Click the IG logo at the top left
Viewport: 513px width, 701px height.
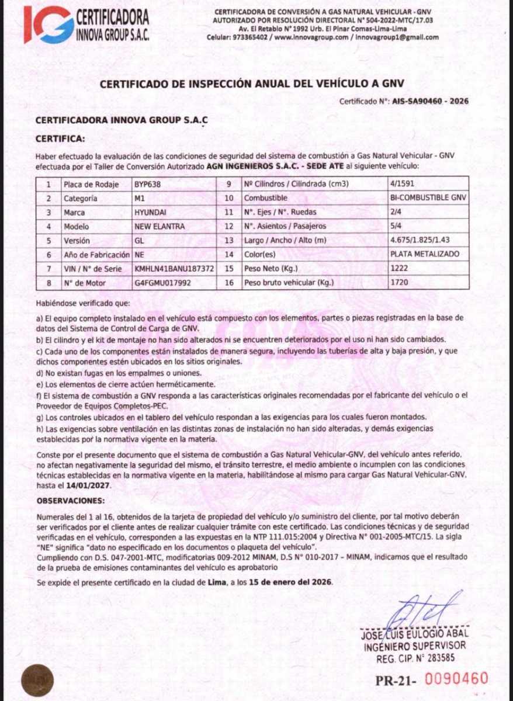(48, 24)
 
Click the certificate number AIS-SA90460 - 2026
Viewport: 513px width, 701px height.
(430, 101)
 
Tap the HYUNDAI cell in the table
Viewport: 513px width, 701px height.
(150, 213)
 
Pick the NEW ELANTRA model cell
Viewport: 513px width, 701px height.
(160, 227)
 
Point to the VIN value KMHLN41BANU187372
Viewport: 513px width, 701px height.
(174, 269)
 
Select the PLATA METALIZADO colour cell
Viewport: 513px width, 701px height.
(424, 255)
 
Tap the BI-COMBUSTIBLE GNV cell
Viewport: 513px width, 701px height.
(428, 199)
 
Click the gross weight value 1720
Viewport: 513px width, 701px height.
(400, 283)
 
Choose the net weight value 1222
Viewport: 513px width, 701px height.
(400, 269)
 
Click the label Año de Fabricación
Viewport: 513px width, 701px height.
(97, 255)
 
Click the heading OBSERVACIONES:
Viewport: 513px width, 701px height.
(71, 501)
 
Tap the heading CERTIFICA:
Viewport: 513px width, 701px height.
(60, 139)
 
